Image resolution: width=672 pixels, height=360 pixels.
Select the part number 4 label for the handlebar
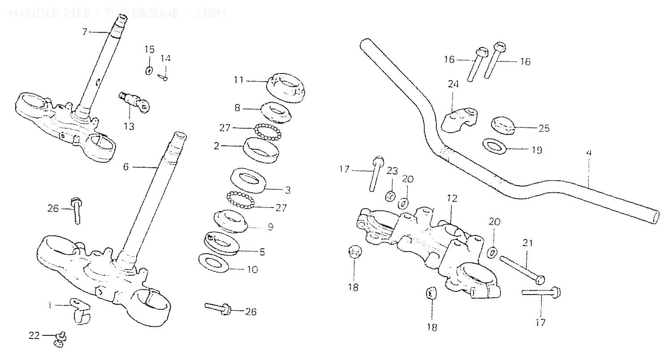click(x=589, y=153)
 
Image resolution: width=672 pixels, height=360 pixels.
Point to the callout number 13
click(x=129, y=126)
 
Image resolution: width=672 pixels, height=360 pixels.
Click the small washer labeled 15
click(x=149, y=70)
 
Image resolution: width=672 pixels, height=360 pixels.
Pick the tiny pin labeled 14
click(x=164, y=77)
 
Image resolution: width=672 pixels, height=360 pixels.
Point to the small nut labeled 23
click(x=390, y=196)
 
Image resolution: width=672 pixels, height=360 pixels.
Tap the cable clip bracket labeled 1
click(x=80, y=309)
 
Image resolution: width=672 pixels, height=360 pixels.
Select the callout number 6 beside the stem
click(x=125, y=167)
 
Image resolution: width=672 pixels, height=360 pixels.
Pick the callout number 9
click(x=270, y=227)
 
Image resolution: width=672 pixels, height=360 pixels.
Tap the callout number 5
click(x=262, y=252)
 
